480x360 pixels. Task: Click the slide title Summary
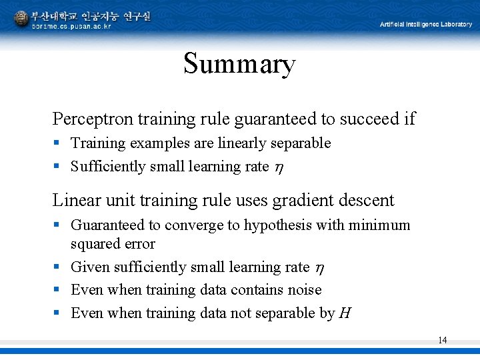[x=239, y=65]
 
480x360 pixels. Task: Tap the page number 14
[x=442, y=341]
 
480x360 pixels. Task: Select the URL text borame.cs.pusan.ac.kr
[x=71, y=26]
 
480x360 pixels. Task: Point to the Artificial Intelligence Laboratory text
[x=426, y=25]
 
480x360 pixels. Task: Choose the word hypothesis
[x=277, y=225]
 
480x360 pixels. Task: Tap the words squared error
[x=113, y=244]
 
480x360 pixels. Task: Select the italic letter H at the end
[x=345, y=313]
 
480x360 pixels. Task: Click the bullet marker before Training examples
[x=57, y=143]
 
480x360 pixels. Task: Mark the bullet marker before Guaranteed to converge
[x=57, y=225]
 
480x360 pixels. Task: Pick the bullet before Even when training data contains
[x=57, y=290]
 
